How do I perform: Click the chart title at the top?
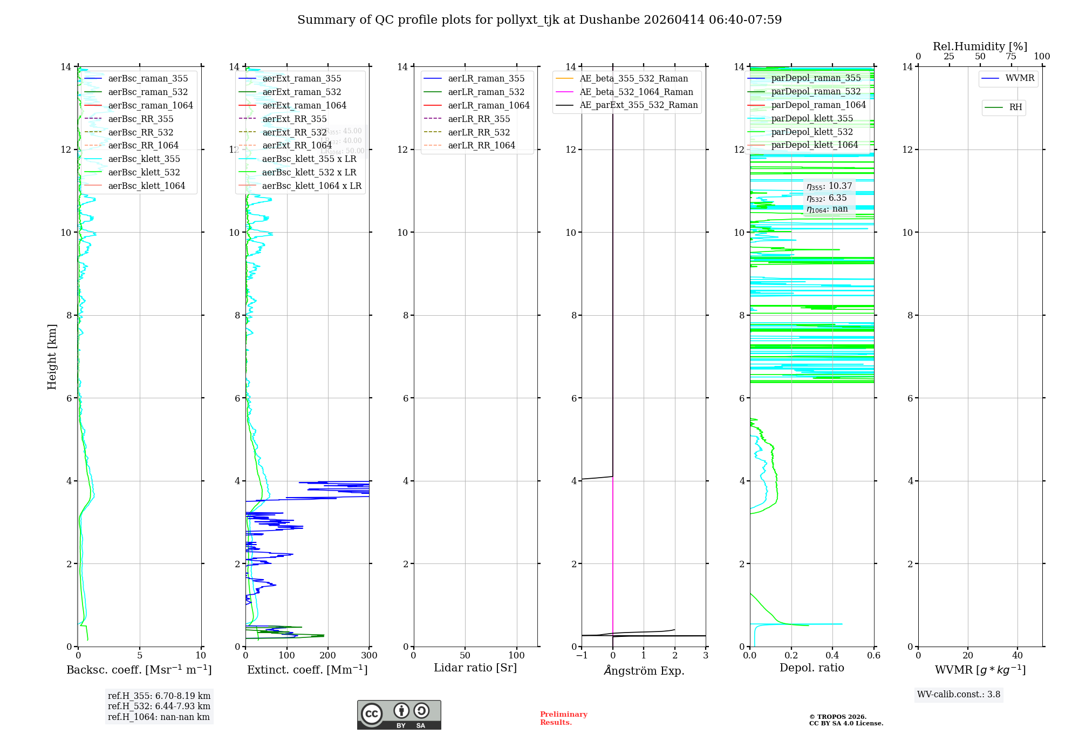[x=539, y=20]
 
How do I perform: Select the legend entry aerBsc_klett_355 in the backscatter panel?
[x=144, y=159]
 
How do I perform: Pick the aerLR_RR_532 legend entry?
[x=479, y=133]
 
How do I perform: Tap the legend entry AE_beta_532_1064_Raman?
[x=636, y=92]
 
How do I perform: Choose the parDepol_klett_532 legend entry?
[x=812, y=132]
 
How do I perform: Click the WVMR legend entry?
[x=1020, y=79]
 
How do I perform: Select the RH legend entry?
[x=1015, y=108]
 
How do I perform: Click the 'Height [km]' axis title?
[x=52, y=357]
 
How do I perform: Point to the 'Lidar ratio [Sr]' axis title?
[x=475, y=668]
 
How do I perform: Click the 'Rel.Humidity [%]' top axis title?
[x=980, y=47]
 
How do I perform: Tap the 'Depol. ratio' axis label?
[x=811, y=668]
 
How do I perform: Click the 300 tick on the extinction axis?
[x=370, y=656]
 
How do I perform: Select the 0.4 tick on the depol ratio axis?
[x=832, y=656]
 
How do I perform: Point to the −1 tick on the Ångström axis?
[x=582, y=656]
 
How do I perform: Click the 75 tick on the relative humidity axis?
[x=1011, y=57]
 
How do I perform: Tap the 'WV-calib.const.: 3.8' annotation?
[x=959, y=695]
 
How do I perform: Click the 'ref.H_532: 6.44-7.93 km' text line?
[x=159, y=706]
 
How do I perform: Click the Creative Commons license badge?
[x=399, y=715]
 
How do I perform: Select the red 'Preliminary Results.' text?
[x=563, y=718]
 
